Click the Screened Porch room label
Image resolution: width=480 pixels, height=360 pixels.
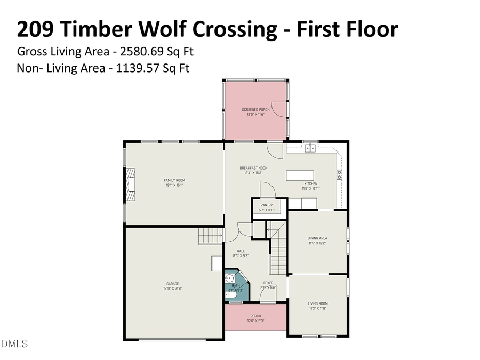255,109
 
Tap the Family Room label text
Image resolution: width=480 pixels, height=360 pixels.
174,180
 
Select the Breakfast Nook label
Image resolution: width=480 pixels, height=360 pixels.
255,168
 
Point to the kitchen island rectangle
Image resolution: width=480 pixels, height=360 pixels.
300,176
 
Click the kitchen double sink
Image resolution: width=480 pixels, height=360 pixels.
310,148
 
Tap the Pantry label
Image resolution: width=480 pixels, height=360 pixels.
267,205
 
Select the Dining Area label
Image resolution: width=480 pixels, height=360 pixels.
317,238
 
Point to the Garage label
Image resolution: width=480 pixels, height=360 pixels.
172,284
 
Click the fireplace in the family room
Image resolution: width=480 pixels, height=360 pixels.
130,185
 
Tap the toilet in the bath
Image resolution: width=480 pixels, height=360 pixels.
231,294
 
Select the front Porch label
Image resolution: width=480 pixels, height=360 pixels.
255,316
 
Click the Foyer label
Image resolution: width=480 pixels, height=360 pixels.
268,283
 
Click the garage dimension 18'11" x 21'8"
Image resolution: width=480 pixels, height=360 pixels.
172,289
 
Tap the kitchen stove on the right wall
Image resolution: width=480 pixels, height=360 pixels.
339,173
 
